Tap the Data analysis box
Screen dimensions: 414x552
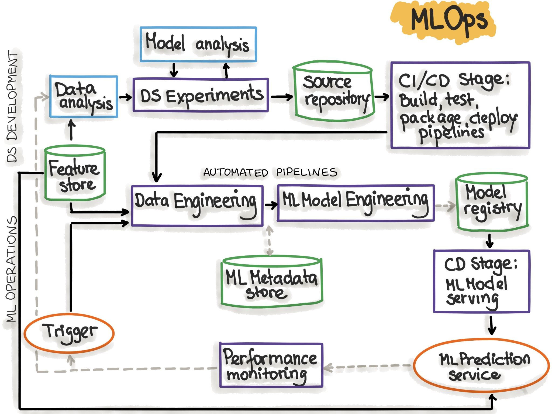click(84, 97)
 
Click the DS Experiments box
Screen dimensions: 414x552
click(201, 95)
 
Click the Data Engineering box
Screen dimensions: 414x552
click(197, 205)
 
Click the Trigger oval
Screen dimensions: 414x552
click(69, 333)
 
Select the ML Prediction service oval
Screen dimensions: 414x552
click(481, 365)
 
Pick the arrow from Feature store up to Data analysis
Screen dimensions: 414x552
click(71, 130)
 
